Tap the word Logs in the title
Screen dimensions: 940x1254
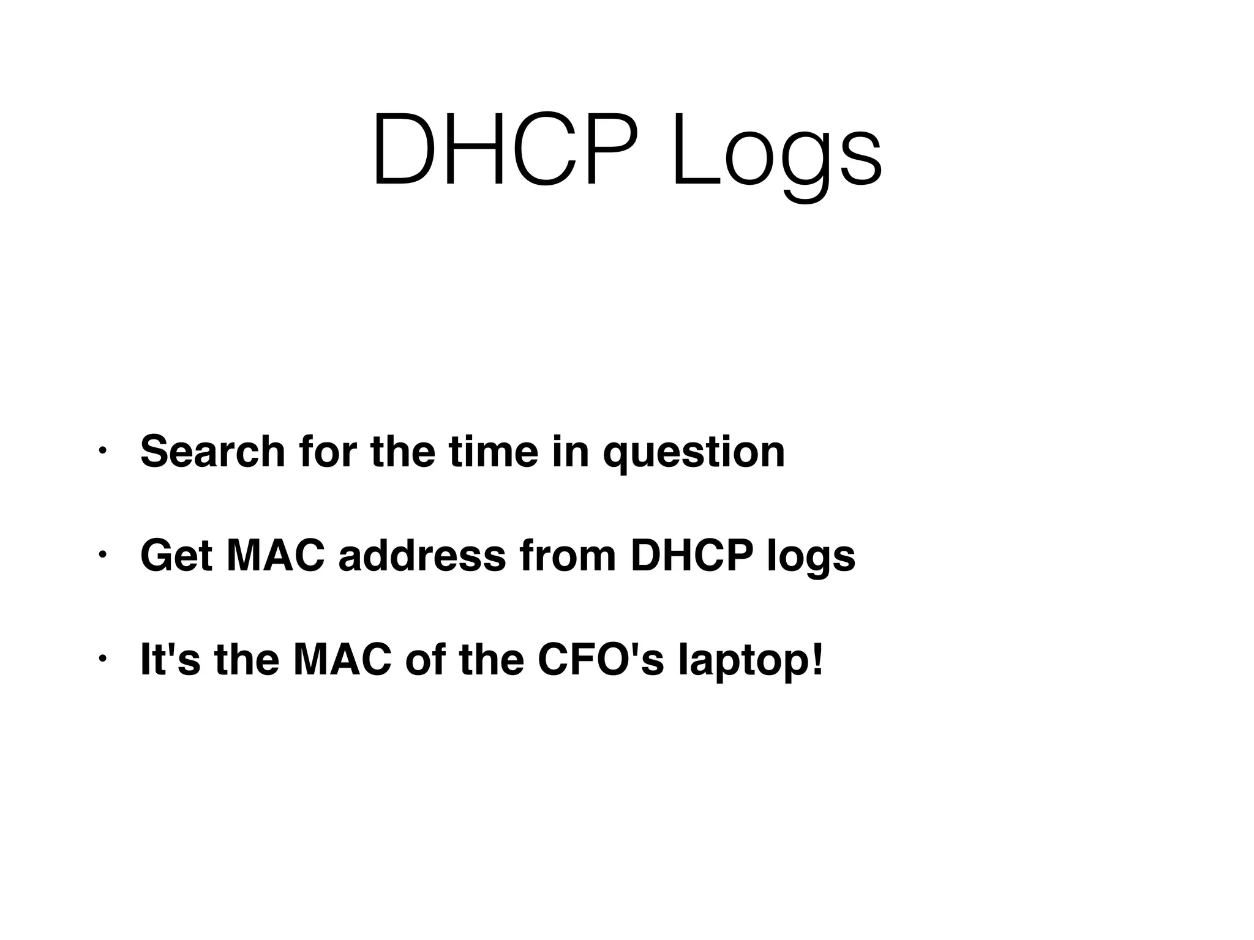tap(776, 153)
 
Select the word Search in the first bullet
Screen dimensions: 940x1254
tap(212, 452)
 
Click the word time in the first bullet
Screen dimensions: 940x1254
tap(493, 452)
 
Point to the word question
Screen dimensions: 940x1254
tap(694, 454)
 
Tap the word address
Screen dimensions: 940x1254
tap(422, 556)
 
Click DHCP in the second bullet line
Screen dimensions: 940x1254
tap(691, 556)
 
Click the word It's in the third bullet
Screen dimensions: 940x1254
tap(170, 659)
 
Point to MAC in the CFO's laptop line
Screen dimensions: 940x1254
tap(342, 659)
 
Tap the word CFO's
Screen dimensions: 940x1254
tap(600, 659)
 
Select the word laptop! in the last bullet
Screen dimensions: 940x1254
tap(751, 662)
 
